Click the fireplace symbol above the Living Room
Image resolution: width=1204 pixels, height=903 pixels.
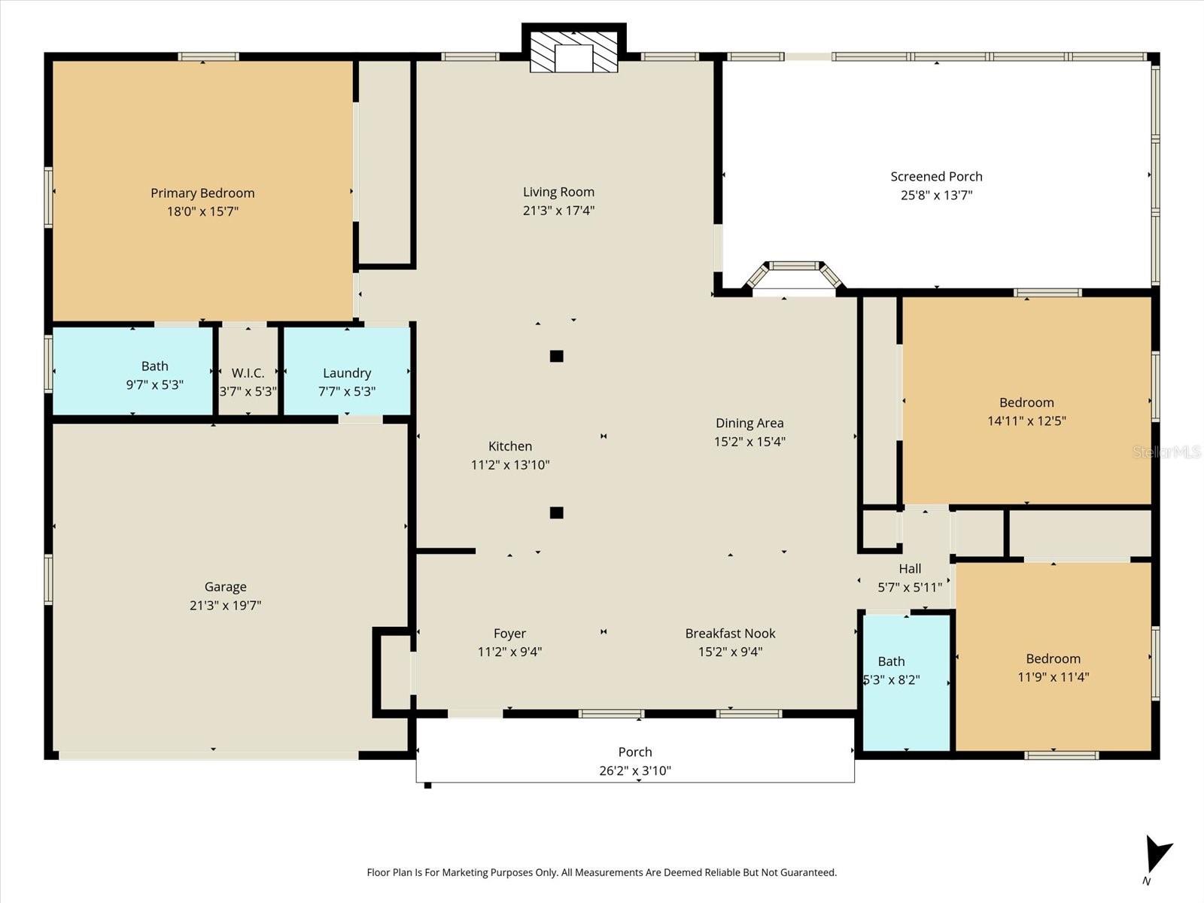tap(573, 51)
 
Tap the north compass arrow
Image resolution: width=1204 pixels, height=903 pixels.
tap(1157, 855)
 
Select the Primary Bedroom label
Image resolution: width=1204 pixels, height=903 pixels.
tap(202, 193)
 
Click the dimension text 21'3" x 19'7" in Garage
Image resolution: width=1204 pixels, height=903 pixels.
tap(225, 605)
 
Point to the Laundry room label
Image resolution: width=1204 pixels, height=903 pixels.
tap(347, 373)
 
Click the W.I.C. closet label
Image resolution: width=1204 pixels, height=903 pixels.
tap(248, 373)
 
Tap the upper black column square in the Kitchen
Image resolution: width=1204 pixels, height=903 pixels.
tap(556, 356)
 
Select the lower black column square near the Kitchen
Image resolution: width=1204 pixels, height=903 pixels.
tap(556, 513)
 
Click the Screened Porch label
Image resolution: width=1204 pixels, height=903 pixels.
tap(936, 177)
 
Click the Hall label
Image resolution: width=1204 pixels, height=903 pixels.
tap(910, 569)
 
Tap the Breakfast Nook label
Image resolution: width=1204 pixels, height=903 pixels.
tap(730, 634)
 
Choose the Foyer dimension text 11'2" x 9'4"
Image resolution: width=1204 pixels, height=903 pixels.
tap(509, 652)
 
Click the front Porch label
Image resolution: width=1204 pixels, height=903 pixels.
tap(635, 752)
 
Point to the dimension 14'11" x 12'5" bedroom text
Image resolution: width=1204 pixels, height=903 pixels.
tap(1026, 421)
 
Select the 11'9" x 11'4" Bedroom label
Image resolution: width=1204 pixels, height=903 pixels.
tap(1053, 658)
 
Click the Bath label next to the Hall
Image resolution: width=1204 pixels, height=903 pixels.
tap(891, 661)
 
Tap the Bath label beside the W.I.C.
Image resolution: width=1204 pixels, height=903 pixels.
tap(154, 366)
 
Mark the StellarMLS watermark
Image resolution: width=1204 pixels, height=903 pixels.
tap(1166, 452)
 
